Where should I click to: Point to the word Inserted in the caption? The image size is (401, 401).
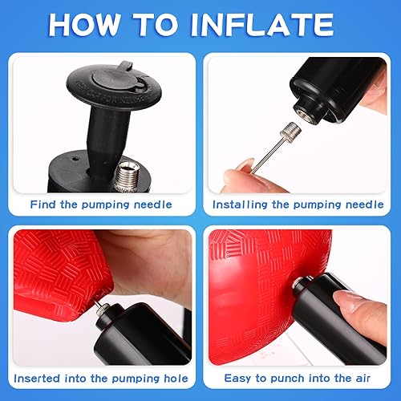[42, 378]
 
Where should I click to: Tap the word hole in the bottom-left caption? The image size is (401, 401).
[172, 378]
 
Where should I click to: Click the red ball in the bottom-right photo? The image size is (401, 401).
[249, 289]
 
